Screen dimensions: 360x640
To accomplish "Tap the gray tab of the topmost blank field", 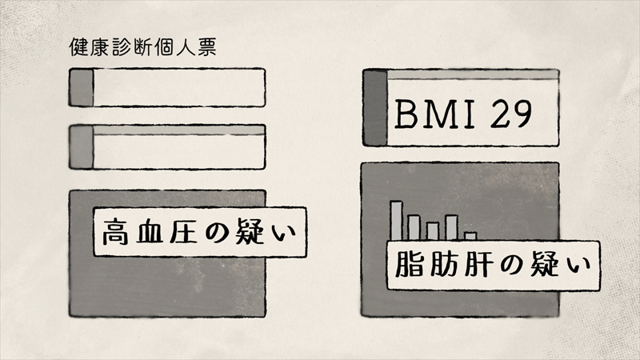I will coord(82,87).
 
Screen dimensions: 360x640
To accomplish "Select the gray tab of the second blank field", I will coord(82,146).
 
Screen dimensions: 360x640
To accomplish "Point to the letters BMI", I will coord(438,116).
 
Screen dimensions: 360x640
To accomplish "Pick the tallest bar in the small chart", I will coord(396,220).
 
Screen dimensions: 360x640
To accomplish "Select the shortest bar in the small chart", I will coord(470,236).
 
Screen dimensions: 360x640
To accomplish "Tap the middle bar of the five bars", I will coord(433,230).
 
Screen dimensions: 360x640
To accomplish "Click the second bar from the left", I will coord(414,227).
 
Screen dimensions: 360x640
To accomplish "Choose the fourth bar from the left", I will coord(451,227).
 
